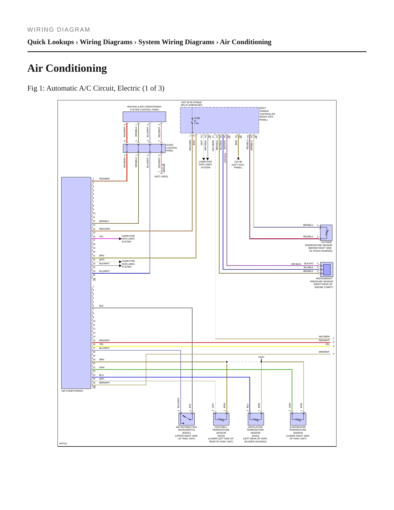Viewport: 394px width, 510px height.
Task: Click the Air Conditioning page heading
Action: click(x=67, y=68)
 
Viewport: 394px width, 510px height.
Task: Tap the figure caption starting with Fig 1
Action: click(x=96, y=88)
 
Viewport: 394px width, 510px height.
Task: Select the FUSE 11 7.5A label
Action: click(x=197, y=121)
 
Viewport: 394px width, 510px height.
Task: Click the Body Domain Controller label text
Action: click(x=267, y=114)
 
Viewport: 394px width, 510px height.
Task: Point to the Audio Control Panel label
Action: click(x=172, y=148)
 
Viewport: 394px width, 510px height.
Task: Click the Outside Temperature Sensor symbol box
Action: click(x=326, y=233)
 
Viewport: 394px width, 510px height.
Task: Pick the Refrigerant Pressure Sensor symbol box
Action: click(x=327, y=269)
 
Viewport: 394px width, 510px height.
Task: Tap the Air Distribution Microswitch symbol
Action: click(x=187, y=419)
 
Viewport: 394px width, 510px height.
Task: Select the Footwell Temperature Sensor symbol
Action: click(x=221, y=419)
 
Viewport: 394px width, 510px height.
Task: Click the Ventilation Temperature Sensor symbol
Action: click(x=256, y=419)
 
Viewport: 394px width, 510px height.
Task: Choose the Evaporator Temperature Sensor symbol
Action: click(x=298, y=419)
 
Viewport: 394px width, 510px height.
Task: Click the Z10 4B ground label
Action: click(x=238, y=162)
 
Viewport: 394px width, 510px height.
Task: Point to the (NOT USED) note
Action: click(x=161, y=176)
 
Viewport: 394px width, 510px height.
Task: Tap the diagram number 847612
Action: click(x=63, y=443)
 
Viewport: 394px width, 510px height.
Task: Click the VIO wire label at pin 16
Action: click(x=101, y=236)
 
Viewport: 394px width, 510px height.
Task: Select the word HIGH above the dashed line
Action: click(x=261, y=357)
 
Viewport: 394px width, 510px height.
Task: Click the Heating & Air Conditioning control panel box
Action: click(x=144, y=117)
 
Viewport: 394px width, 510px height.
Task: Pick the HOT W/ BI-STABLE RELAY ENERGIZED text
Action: click(x=192, y=104)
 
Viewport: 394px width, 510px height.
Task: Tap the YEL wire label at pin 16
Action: click(x=101, y=344)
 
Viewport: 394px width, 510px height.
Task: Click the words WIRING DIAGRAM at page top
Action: click(x=59, y=29)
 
